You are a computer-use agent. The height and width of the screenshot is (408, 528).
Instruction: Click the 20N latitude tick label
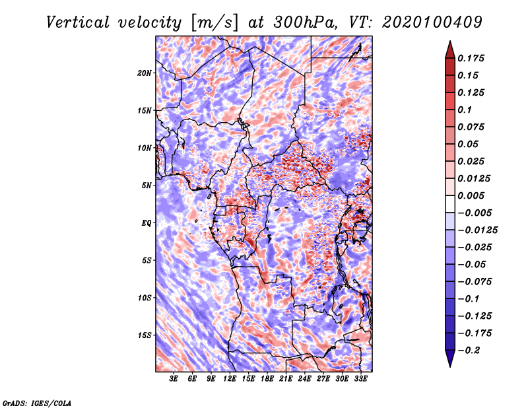pyautogui.click(x=145, y=73)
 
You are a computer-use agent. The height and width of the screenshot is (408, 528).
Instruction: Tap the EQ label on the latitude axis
pyautogui.click(x=147, y=223)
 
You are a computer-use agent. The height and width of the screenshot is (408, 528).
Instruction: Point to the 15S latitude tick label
pyautogui.click(x=145, y=335)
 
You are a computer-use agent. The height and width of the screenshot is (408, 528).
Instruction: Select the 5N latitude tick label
pyautogui.click(x=147, y=186)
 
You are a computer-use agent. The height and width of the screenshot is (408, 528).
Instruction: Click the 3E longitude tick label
pyautogui.click(x=174, y=379)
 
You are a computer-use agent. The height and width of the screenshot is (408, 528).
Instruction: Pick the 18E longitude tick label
pyautogui.click(x=267, y=379)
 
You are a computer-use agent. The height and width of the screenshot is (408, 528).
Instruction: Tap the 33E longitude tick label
pyautogui.click(x=360, y=379)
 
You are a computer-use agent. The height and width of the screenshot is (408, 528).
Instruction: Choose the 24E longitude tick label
pyautogui.click(x=304, y=379)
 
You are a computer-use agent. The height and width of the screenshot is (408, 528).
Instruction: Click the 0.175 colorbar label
pyautogui.click(x=471, y=58)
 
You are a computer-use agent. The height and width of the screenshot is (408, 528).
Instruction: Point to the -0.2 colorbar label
pyautogui.click(x=469, y=351)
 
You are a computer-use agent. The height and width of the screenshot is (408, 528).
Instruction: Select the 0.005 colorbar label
pyautogui.click(x=471, y=195)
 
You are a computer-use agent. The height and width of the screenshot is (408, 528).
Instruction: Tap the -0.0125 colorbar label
pyautogui.click(x=477, y=230)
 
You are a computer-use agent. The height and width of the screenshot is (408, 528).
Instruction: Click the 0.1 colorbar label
pyautogui.click(x=465, y=110)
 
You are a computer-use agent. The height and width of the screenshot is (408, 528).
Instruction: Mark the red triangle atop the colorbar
pyautogui.click(x=450, y=50)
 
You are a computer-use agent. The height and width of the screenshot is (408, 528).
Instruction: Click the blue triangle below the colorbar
pyautogui.click(x=450, y=358)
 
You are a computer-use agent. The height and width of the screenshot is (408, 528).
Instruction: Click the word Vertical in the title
pyautogui.click(x=78, y=22)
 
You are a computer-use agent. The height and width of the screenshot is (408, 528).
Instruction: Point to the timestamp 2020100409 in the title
pyautogui.click(x=432, y=22)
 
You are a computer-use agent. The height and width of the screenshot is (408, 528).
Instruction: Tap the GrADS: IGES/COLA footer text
pyautogui.click(x=37, y=403)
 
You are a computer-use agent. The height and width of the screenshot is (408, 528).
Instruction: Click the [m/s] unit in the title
pyautogui.click(x=214, y=22)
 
